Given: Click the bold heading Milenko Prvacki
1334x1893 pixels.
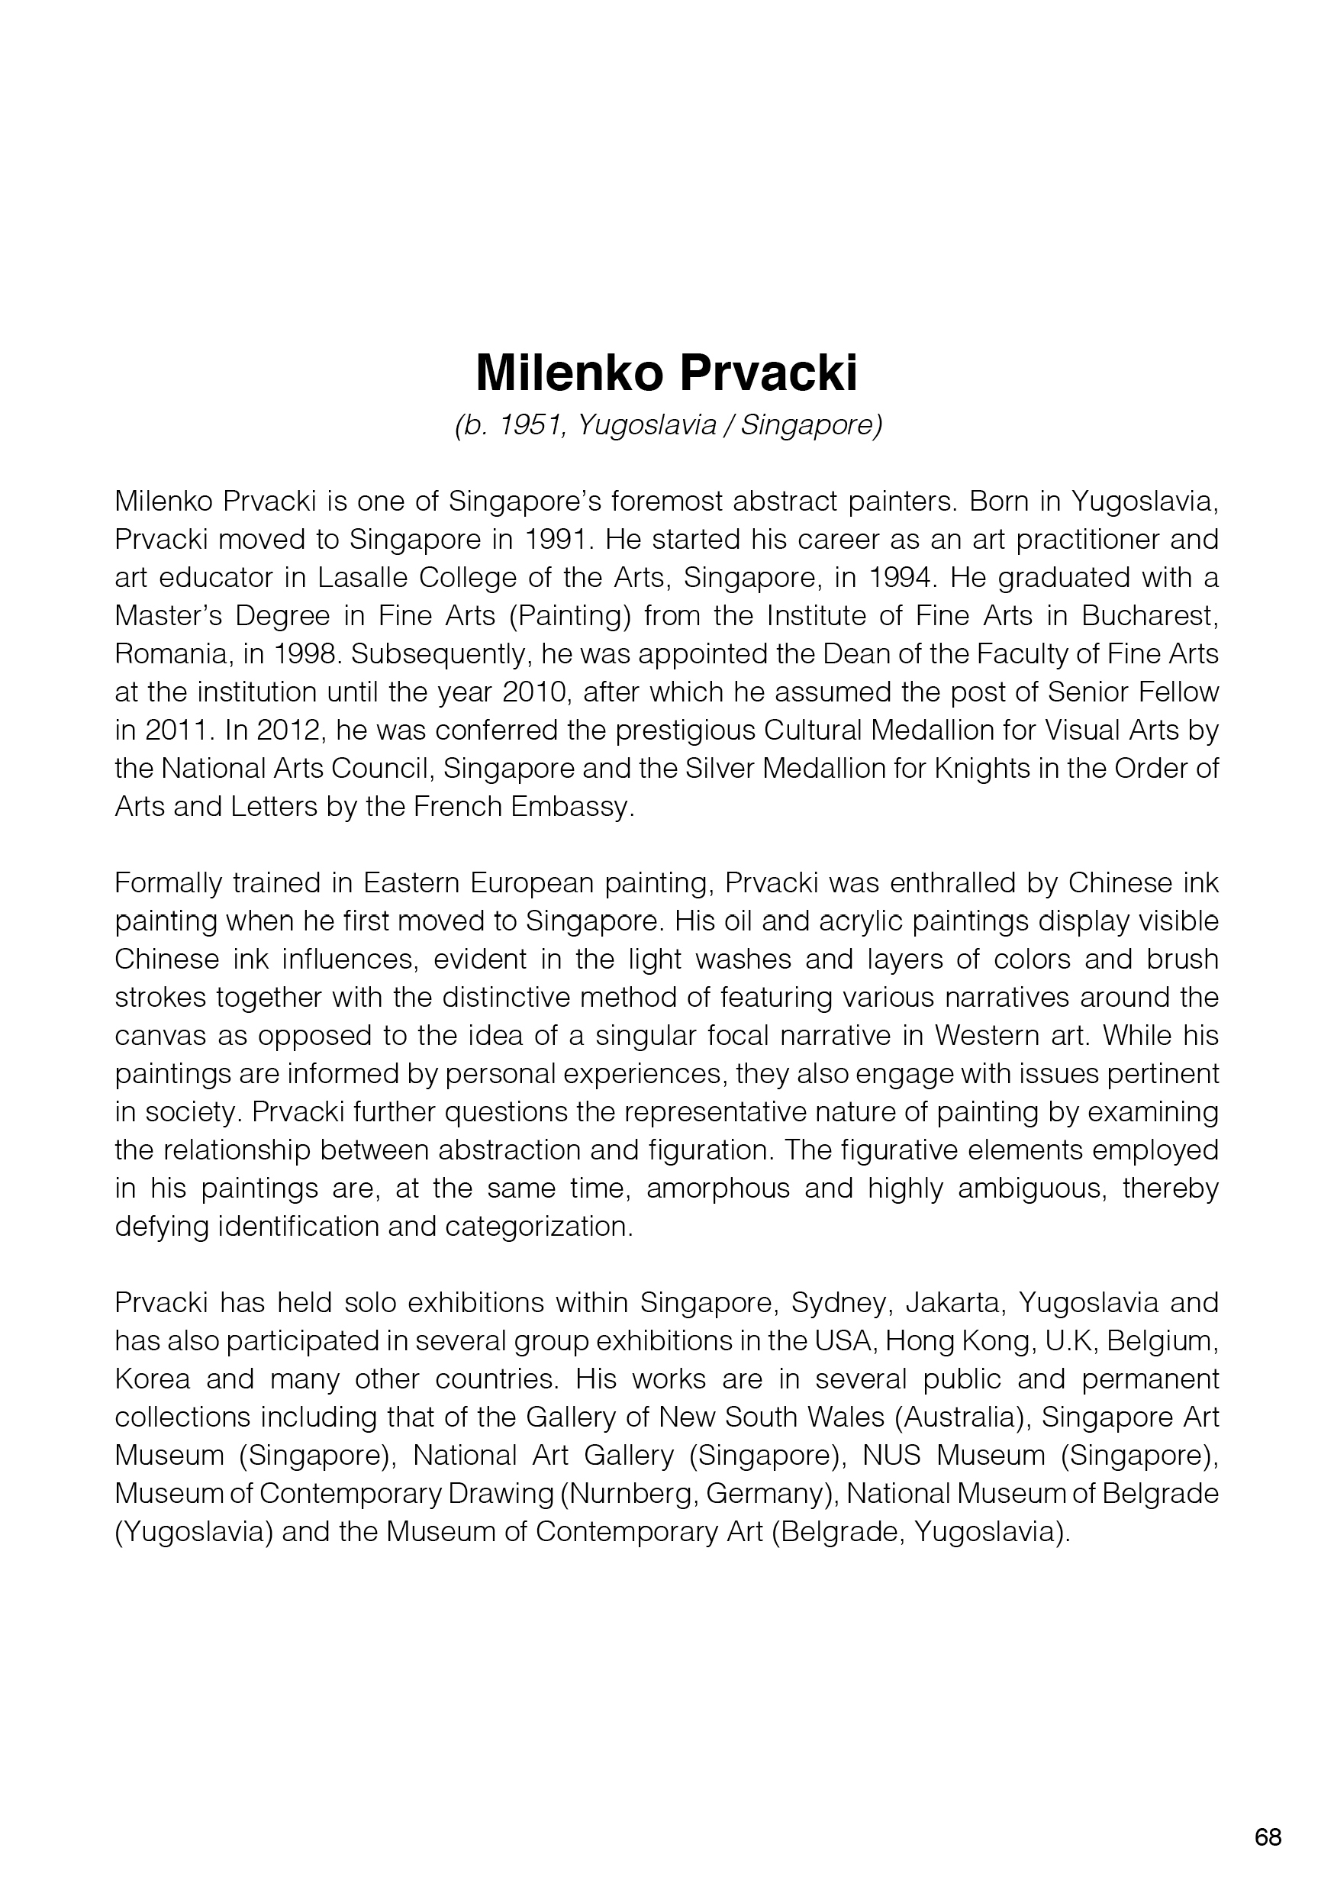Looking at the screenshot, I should point(666,372).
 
